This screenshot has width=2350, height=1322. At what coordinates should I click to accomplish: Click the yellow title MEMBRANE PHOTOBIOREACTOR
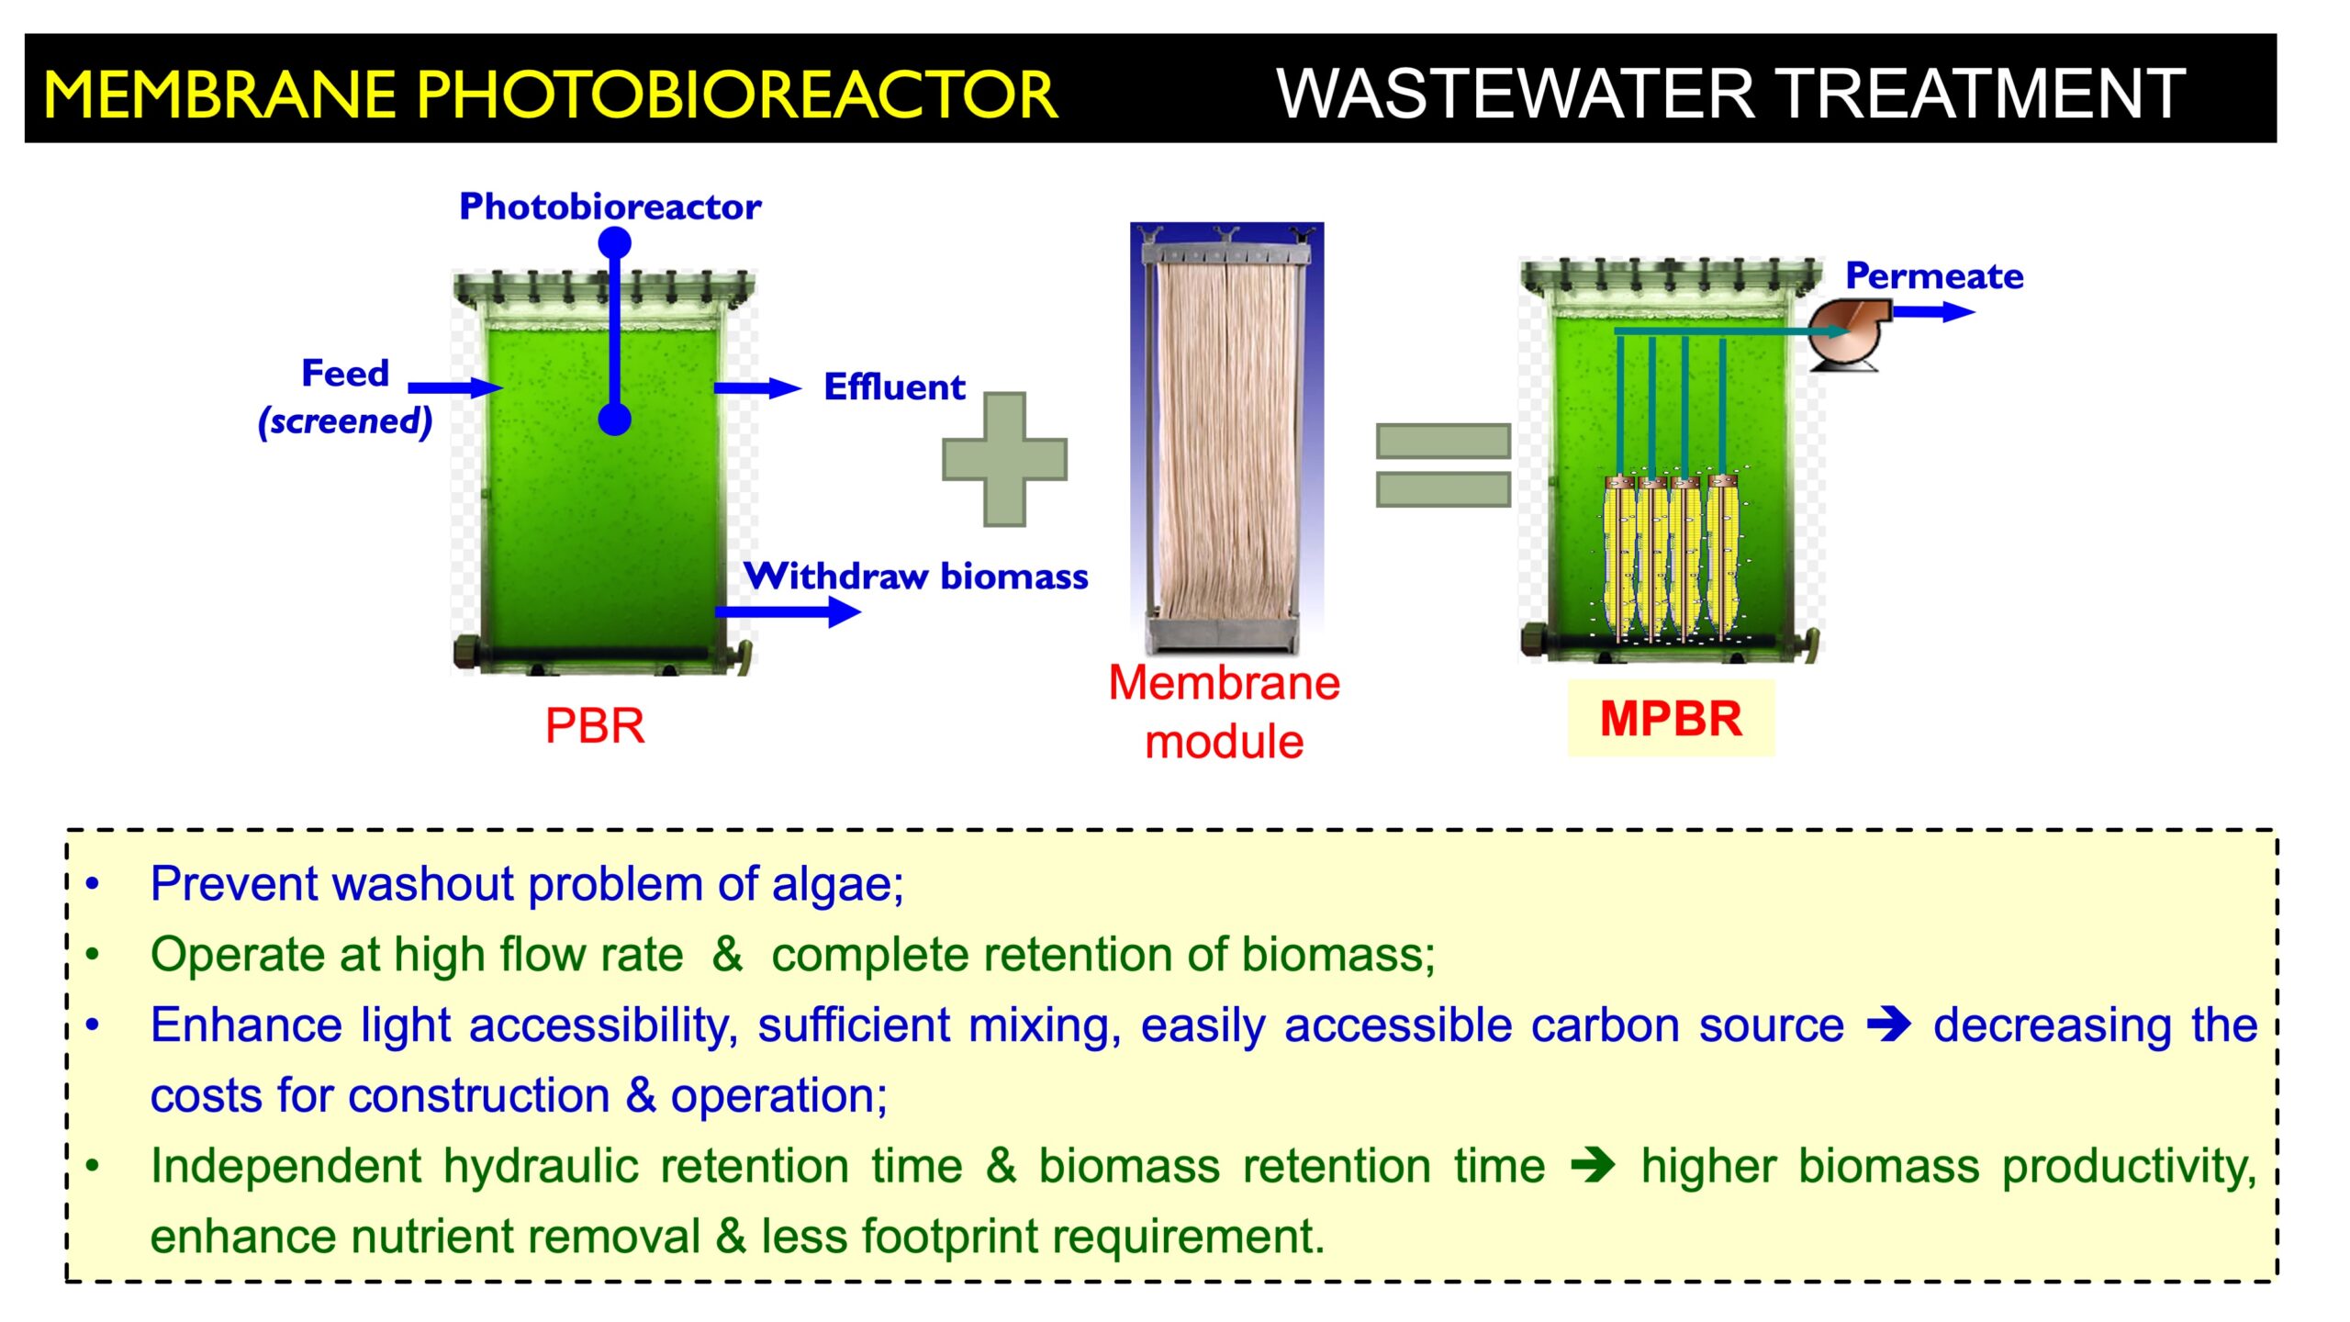[x=551, y=94]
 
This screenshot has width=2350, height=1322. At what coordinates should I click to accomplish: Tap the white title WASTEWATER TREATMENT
[x=1730, y=94]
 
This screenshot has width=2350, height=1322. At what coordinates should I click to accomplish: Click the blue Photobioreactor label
[x=610, y=207]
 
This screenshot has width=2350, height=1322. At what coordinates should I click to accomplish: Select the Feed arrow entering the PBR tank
[x=455, y=387]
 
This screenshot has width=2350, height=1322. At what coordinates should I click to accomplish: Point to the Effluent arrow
[x=758, y=388]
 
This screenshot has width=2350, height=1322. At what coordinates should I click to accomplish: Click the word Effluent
[x=894, y=387]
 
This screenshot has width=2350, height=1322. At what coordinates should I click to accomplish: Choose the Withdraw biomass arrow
[x=788, y=611]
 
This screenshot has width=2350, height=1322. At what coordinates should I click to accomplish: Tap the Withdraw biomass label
[x=916, y=577]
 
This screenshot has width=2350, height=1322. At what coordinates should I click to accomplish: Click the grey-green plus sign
[x=1004, y=459]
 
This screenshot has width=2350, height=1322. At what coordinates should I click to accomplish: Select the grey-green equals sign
[x=1443, y=465]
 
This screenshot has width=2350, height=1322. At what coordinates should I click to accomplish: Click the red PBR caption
[x=595, y=725]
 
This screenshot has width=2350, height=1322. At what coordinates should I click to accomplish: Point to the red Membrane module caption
[x=1224, y=711]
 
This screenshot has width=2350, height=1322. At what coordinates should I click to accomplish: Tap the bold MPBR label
[x=1671, y=718]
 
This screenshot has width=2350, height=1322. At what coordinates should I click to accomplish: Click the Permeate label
[x=1934, y=275]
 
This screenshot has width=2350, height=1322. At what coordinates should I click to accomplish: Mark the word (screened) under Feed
[x=345, y=421]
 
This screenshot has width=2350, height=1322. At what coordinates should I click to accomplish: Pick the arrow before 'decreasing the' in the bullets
[x=1889, y=1025]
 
